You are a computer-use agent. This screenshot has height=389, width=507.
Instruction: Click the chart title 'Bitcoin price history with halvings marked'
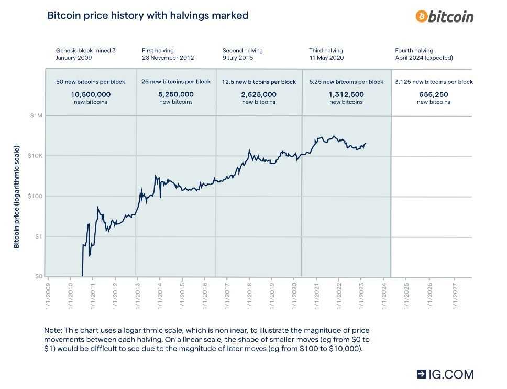pyautogui.click(x=148, y=15)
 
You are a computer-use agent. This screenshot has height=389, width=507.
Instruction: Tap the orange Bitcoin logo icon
pyautogui.click(x=422, y=16)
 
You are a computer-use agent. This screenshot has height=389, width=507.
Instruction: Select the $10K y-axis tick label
pyautogui.click(x=35, y=156)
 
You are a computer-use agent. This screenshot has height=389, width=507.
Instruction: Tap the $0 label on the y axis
pyautogui.click(x=38, y=276)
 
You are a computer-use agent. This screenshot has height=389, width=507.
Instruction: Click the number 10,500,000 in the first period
pyautogui.click(x=90, y=94)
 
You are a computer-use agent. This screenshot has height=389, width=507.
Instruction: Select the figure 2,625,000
pyautogui.click(x=259, y=94)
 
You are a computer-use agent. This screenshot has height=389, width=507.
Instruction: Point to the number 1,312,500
pyautogui.click(x=346, y=94)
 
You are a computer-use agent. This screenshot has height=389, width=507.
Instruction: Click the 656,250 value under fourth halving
pyautogui.click(x=433, y=94)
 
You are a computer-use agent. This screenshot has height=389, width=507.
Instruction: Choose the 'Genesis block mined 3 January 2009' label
pyautogui.click(x=85, y=54)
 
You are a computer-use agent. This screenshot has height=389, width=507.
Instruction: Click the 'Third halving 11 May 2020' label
pyautogui.click(x=326, y=54)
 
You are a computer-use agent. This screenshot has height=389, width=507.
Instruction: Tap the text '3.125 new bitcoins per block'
pyautogui.click(x=433, y=82)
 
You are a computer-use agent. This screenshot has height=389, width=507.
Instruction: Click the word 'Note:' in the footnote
pyautogui.click(x=53, y=331)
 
